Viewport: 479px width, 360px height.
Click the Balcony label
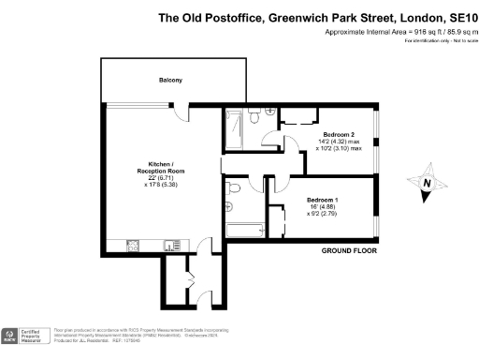click(170, 81)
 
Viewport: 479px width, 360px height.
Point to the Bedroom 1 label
click(323, 200)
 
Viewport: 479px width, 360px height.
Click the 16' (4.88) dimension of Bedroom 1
click(323, 207)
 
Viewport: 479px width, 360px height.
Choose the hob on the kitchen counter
click(133, 246)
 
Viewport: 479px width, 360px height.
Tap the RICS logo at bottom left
click(12, 335)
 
